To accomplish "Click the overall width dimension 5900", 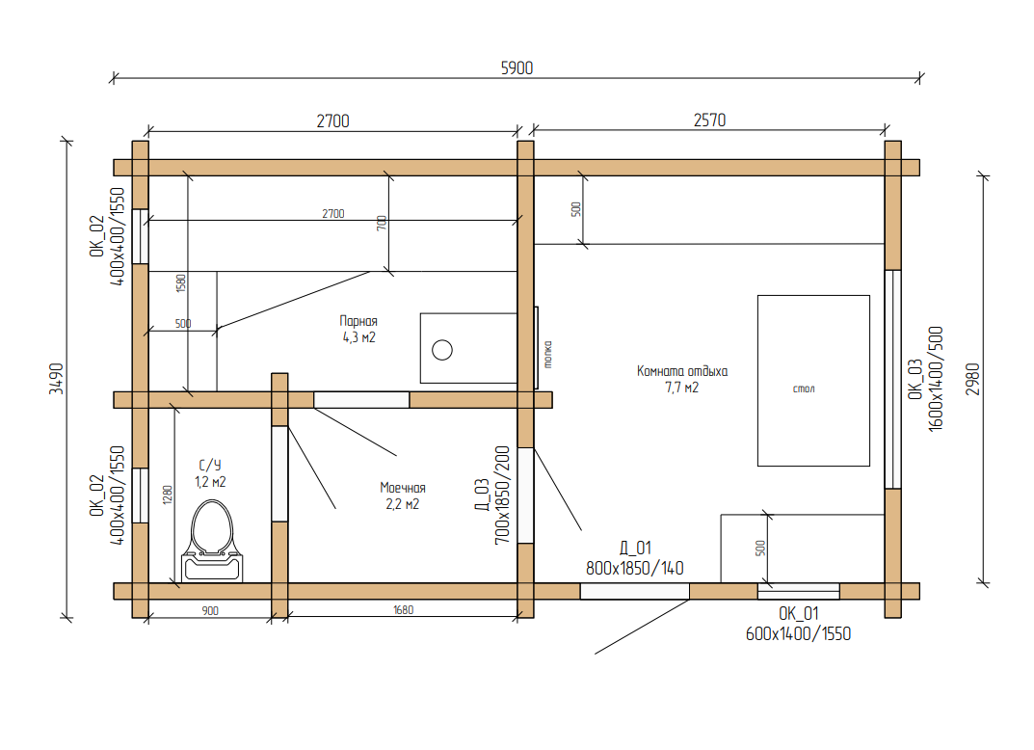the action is tap(517, 67).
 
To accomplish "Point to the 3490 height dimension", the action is tap(57, 379).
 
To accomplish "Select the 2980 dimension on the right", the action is tap(972, 379).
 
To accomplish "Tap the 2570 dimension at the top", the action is tap(709, 121).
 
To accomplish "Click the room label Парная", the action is tap(358, 321).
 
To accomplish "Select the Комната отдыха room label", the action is tap(682, 371).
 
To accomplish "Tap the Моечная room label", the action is tap(402, 488).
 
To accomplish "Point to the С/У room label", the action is tap(210, 465).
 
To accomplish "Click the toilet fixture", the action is tap(212, 541).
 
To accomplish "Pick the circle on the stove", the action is tap(441, 350).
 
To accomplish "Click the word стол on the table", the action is tap(803, 388).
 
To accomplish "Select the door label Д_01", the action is tap(635, 549).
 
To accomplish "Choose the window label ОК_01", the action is tap(798, 613).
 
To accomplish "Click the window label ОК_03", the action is tap(915, 379).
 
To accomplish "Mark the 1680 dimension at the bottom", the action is tap(403, 610).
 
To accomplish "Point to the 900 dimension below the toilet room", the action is tap(210, 611).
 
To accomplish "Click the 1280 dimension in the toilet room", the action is tap(168, 495).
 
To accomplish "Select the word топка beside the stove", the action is tap(547, 354).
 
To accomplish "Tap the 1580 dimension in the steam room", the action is tap(181, 283).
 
